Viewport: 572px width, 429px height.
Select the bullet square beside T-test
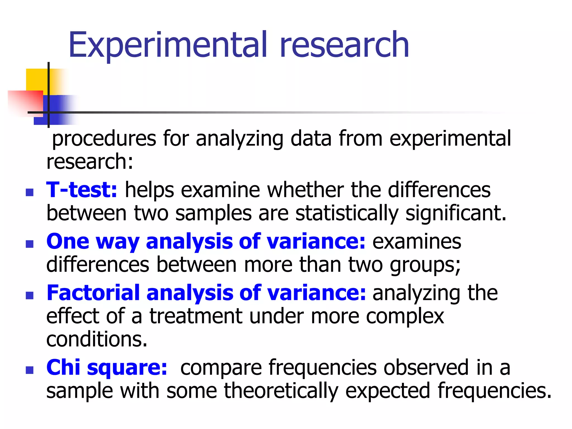[x=30, y=192]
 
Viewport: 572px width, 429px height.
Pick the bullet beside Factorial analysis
[x=30, y=295]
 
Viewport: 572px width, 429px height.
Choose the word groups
[x=425, y=265]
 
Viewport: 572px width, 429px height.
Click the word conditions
[x=96, y=340]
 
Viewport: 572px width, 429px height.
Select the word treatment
[x=196, y=316]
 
